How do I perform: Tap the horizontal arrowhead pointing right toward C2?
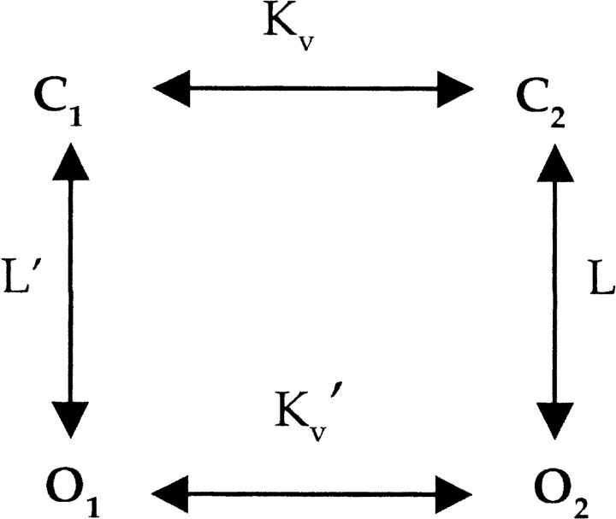453,88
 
